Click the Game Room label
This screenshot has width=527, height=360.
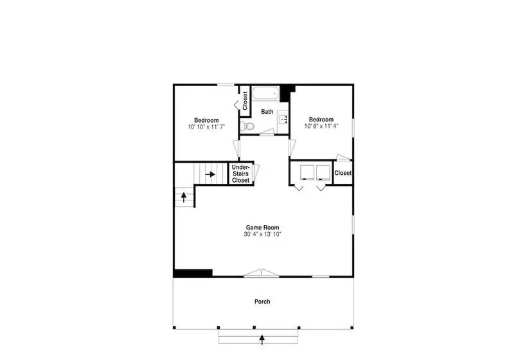pyautogui.click(x=262, y=228)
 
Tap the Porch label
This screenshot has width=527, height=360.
pyautogui.click(x=262, y=301)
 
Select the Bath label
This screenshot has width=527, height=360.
pyautogui.click(x=267, y=112)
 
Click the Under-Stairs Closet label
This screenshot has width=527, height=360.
pyautogui.click(x=240, y=174)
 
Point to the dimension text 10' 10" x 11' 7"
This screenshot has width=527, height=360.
pyautogui.click(x=206, y=127)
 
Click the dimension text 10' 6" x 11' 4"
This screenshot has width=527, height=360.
pyautogui.click(x=321, y=127)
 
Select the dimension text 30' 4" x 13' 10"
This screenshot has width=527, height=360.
pyautogui.click(x=262, y=234)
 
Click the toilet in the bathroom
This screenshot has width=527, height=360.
pyautogui.click(x=247, y=127)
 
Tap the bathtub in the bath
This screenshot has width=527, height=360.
pyautogui.click(x=266, y=93)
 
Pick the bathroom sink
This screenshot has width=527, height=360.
pyautogui.click(x=283, y=119)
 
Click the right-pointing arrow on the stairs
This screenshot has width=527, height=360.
pyautogui.click(x=210, y=174)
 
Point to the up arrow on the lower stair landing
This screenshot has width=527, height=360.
pyautogui.click(x=184, y=197)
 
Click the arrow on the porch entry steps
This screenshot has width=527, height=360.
pyautogui.click(x=262, y=339)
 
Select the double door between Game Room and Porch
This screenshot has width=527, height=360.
pyautogui.click(x=262, y=273)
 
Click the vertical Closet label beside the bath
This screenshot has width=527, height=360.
pyautogui.click(x=245, y=101)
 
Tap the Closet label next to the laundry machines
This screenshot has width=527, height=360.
pyautogui.click(x=343, y=173)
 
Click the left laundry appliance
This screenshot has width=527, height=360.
pyautogui.click(x=307, y=172)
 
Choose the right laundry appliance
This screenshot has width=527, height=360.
pyautogui.click(x=323, y=172)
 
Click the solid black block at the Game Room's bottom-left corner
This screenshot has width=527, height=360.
pyautogui.click(x=193, y=273)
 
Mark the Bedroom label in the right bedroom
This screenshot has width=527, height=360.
pyautogui.click(x=321, y=120)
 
